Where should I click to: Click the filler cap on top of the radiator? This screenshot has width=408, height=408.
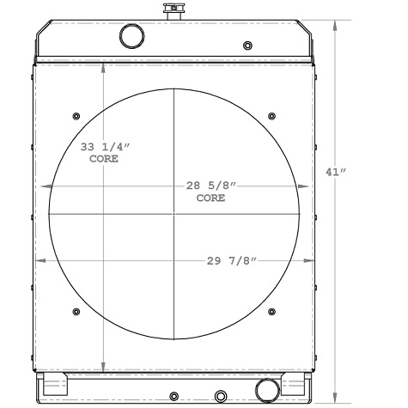[175, 10]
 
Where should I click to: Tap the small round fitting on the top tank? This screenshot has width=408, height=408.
[248, 45]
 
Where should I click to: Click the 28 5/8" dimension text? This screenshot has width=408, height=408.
[211, 186]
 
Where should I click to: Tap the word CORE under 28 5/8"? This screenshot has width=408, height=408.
[211, 198]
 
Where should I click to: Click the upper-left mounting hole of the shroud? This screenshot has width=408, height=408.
[76, 116]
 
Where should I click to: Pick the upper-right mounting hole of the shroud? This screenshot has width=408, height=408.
[271, 116]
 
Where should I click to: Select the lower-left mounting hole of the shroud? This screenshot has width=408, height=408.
[76, 310]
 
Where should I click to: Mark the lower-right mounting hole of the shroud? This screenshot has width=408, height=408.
[271, 310]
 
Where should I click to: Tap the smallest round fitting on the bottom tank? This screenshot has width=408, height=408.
[174, 396]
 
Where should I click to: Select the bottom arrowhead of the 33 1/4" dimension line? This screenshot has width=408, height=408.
[104, 365]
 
